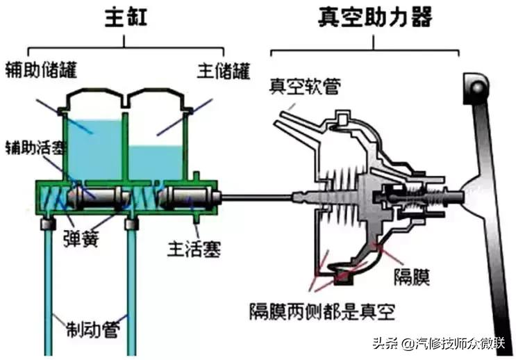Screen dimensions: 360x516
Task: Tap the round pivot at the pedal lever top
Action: pos(476,87)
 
